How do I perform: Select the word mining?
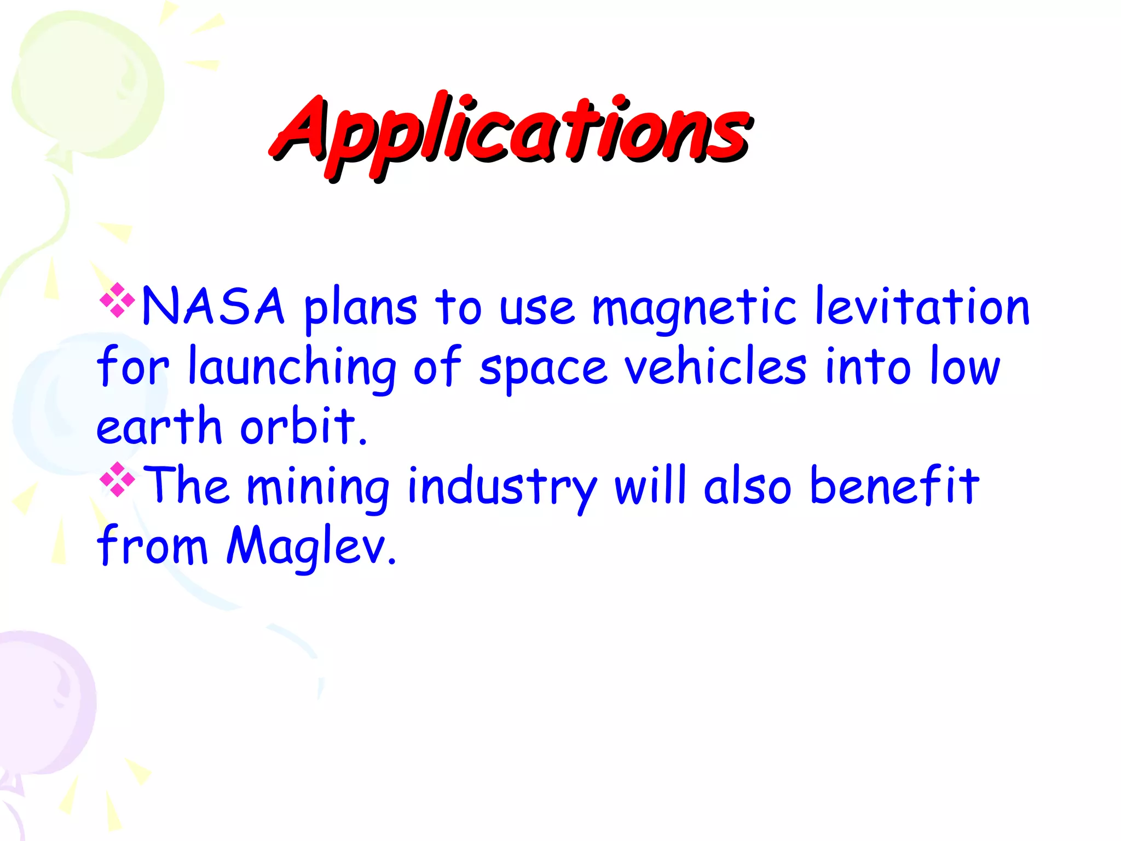point(318,487)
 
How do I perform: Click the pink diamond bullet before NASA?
point(118,300)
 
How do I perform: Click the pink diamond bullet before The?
point(118,480)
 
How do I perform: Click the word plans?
point(360,309)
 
